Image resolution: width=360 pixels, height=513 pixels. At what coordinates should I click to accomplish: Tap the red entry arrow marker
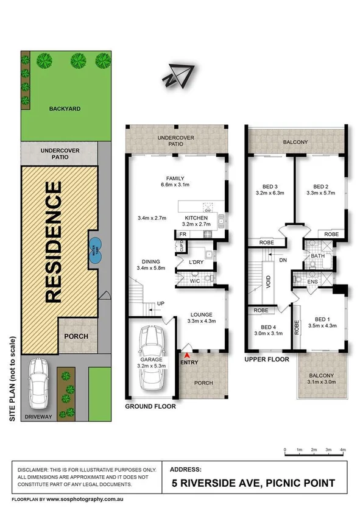(x=186, y=355)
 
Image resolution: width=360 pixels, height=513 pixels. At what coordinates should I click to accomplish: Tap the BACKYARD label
(x=65, y=109)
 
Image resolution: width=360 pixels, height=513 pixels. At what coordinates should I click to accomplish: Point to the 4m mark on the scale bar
(x=343, y=450)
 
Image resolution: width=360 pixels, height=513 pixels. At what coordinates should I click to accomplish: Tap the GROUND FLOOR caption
(x=150, y=406)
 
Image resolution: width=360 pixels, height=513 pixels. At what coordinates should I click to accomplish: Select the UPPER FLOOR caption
(x=267, y=359)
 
